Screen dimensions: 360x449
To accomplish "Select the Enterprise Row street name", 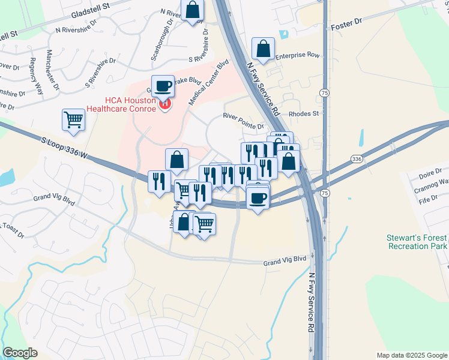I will [x=297, y=56].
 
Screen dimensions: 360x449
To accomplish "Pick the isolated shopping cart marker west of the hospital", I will [x=73, y=119].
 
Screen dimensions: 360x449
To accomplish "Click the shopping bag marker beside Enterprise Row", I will [x=263, y=49].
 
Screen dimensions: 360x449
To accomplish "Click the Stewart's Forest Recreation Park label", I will [x=417, y=242].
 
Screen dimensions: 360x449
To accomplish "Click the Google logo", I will [x=20, y=353].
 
